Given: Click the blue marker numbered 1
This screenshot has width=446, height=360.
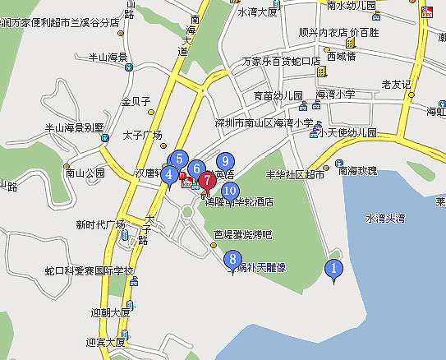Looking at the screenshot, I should (x=333, y=268).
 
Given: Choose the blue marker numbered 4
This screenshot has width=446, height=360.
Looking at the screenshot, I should (x=168, y=174).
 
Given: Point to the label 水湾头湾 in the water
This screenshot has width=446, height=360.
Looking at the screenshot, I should (x=385, y=219).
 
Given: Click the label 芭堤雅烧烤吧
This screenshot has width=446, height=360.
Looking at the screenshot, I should (x=242, y=234).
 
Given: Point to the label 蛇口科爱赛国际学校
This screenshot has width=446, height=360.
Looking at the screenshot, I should (x=90, y=271).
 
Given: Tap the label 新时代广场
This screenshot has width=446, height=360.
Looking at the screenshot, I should (x=100, y=224).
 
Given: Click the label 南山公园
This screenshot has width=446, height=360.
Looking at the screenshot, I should (x=85, y=173).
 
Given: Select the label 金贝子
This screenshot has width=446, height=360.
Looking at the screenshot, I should (x=136, y=102).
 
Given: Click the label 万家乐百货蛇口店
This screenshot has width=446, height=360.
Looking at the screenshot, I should (x=280, y=62).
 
